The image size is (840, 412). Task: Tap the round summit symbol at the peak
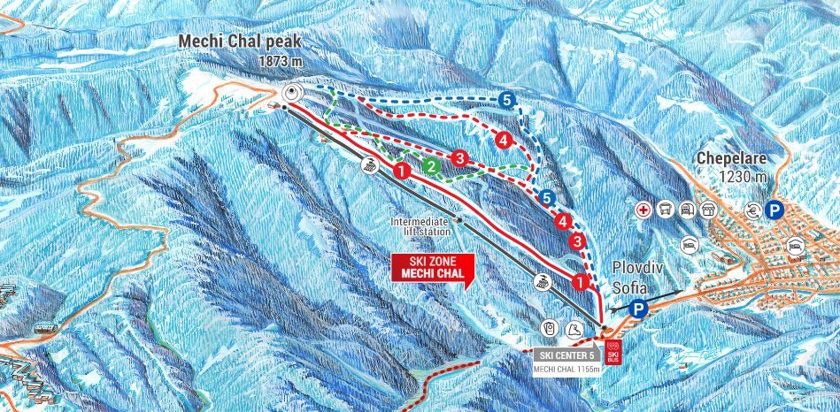pos(292,93)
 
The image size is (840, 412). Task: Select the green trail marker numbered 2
pos(430,165)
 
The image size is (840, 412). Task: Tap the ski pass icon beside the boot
pos(550,329)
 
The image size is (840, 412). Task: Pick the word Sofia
pos(631,287)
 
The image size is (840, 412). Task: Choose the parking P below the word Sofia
pos(640,309)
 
